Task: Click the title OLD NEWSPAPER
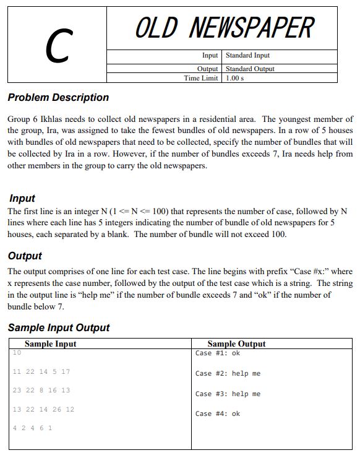point(224,28)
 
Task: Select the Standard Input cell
point(247,56)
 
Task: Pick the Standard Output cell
point(250,69)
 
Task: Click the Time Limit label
point(201,78)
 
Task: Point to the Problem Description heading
point(58,98)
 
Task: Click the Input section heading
point(22,199)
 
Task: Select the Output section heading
point(25,256)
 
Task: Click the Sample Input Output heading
point(59,327)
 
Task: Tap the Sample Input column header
point(51,343)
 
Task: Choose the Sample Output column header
point(236,343)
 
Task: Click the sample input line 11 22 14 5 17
point(41,371)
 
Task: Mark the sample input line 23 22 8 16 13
point(41,391)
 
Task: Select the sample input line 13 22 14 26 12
point(43,410)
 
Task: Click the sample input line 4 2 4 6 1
point(32,428)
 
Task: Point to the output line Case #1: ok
point(217,353)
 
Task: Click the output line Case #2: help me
point(228,374)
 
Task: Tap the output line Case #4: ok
point(217,413)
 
